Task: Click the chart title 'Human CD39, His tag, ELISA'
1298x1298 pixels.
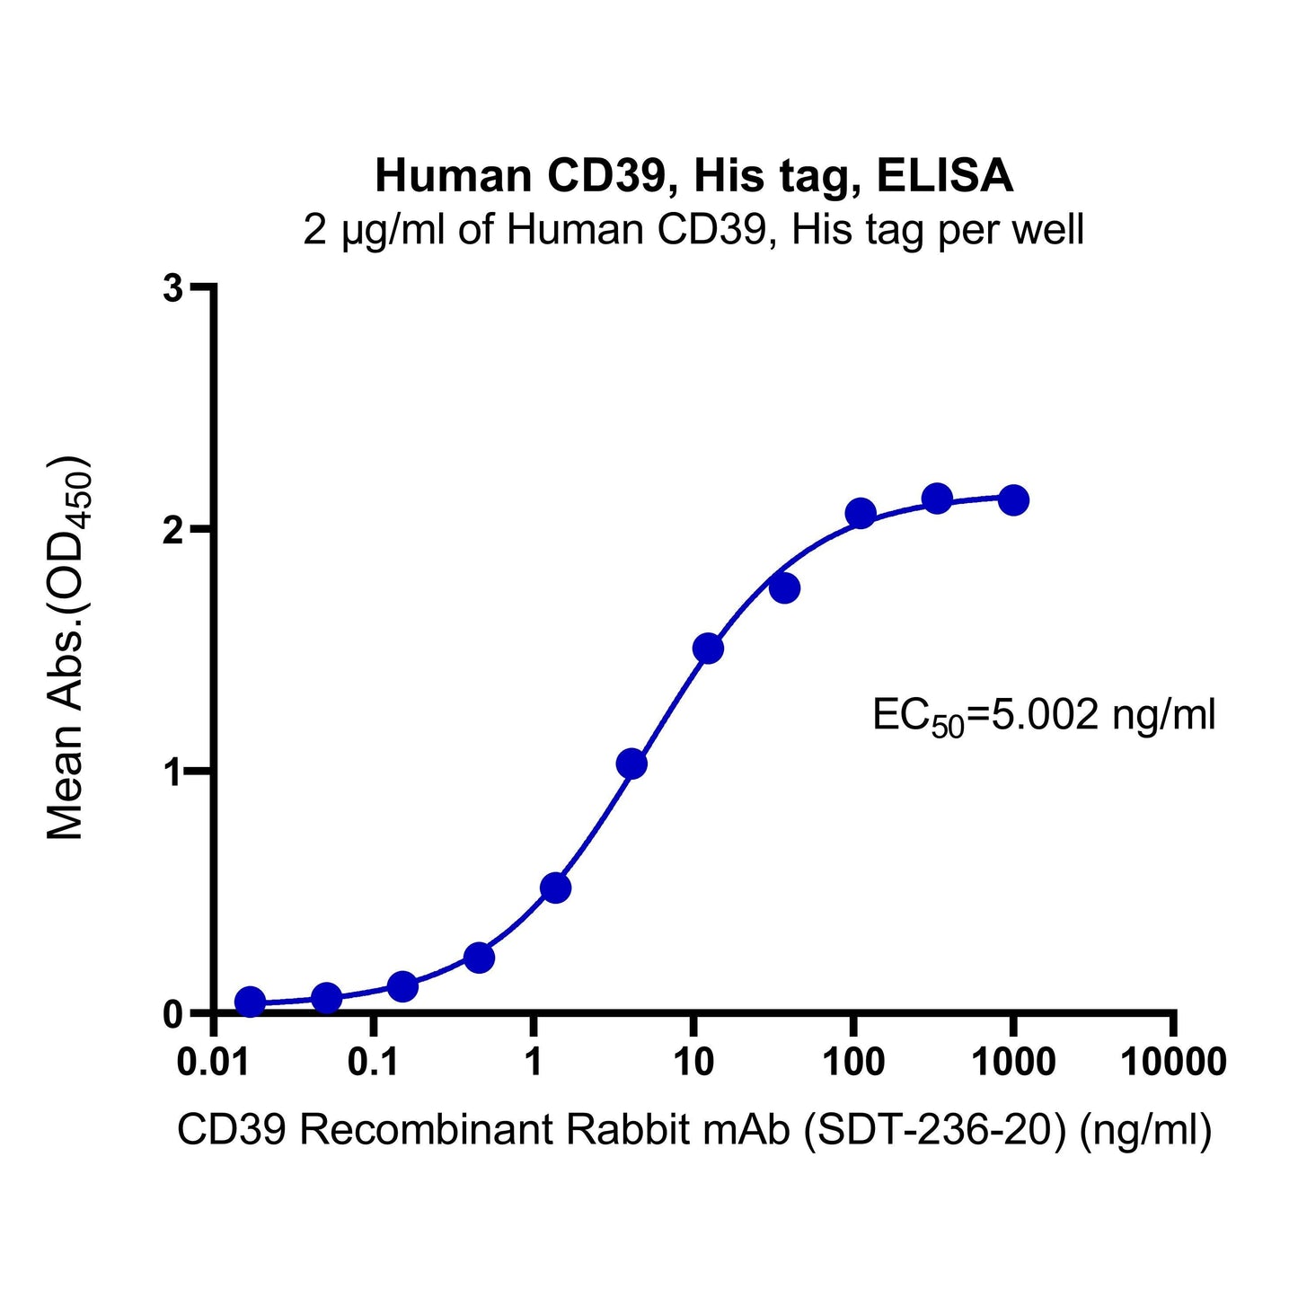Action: click(x=693, y=176)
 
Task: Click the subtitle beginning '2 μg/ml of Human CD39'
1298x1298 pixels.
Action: click(x=693, y=230)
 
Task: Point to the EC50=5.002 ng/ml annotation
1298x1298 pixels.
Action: click(x=1044, y=717)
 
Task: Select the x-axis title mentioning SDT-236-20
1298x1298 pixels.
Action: click(x=693, y=1130)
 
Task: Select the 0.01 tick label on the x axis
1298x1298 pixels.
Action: click(x=214, y=1064)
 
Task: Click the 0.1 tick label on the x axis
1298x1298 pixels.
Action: click(x=374, y=1064)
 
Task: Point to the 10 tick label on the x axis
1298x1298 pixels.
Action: click(x=693, y=1064)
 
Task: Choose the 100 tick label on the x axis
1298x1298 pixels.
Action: click(x=853, y=1064)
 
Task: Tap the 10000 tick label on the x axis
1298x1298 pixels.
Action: click(x=1173, y=1064)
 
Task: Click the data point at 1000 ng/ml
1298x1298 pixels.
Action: click(x=1013, y=500)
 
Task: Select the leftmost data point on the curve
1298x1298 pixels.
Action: click(x=250, y=1002)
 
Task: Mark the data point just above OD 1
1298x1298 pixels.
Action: click(x=631, y=764)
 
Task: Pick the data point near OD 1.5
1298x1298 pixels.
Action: click(x=708, y=648)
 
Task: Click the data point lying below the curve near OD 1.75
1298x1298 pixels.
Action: click(x=784, y=588)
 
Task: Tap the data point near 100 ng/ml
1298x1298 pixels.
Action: click(x=861, y=514)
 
